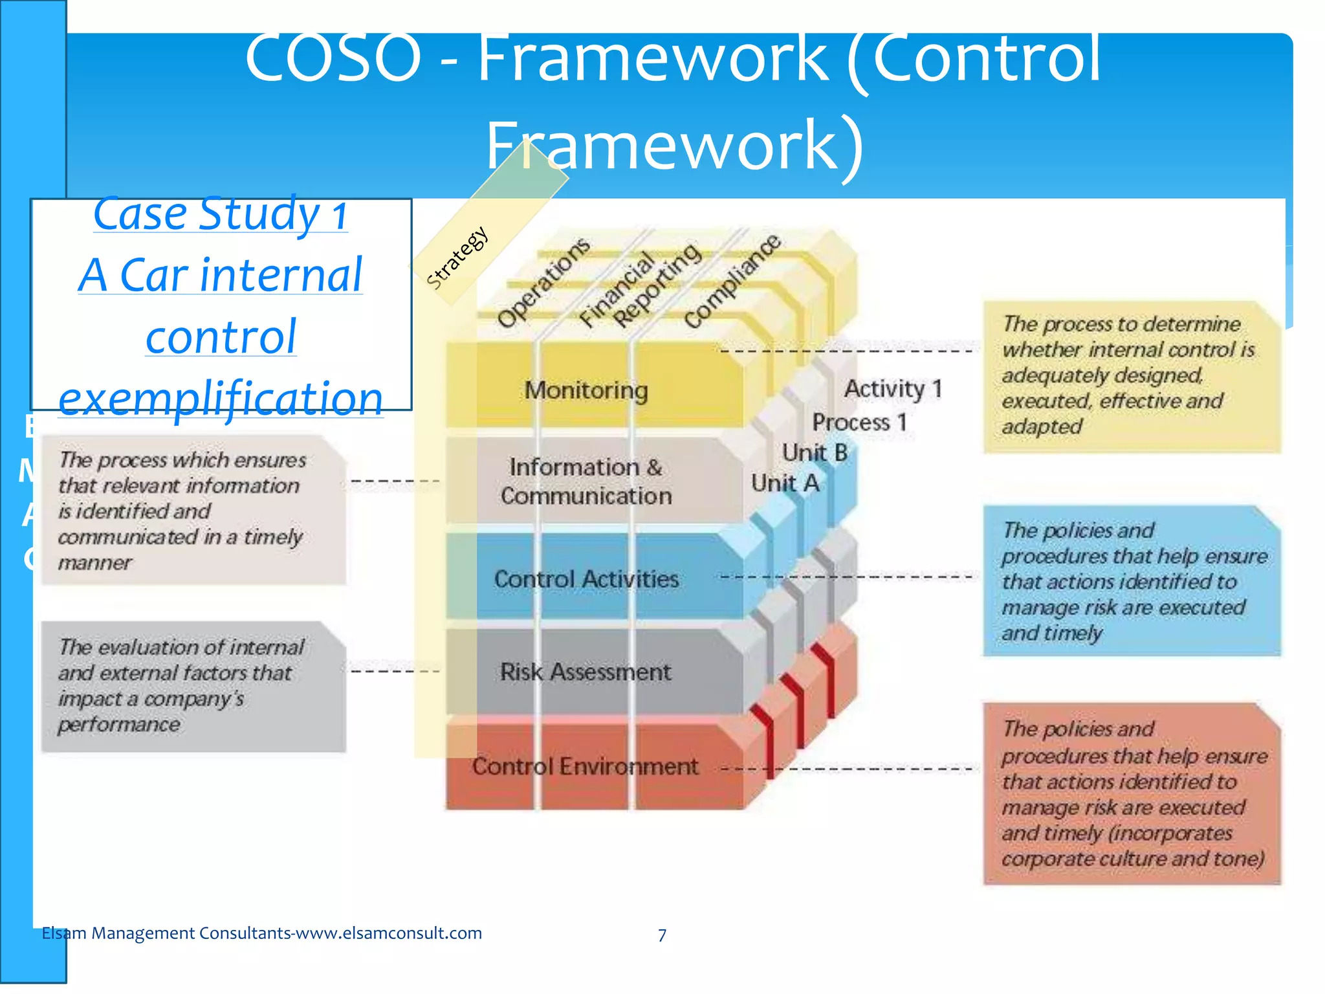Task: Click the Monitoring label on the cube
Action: point(586,390)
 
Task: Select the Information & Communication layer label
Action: point(586,481)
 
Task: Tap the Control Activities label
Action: point(586,579)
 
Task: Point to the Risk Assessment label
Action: point(586,672)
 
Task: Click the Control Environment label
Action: point(585,766)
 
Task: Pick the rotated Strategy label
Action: point(457,257)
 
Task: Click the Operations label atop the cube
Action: point(543,282)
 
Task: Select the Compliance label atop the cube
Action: point(732,282)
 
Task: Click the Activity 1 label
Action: point(893,389)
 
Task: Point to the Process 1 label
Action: point(859,423)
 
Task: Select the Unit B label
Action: point(815,452)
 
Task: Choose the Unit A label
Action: point(785,483)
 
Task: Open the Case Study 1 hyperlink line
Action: point(221,214)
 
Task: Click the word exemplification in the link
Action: point(221,398)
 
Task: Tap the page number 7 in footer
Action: point(662,935)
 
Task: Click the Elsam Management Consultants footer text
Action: point(261,933)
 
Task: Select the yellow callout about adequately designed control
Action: point(1131,376)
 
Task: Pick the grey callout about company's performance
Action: point(193,686)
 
